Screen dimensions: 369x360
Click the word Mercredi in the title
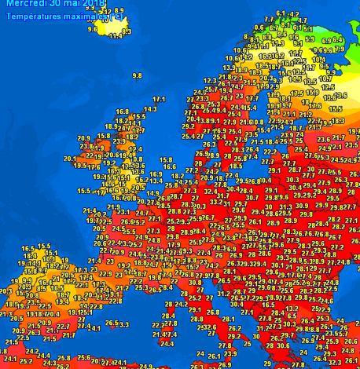[23, 4]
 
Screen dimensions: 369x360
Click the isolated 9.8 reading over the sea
[137, 75]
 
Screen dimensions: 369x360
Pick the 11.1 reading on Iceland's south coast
[116, 35]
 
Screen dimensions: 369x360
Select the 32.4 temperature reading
[211, 190]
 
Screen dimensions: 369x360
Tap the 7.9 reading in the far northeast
[339, 49]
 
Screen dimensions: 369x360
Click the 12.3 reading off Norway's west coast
[210, 81]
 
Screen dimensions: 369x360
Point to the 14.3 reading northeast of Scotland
[149, 109]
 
